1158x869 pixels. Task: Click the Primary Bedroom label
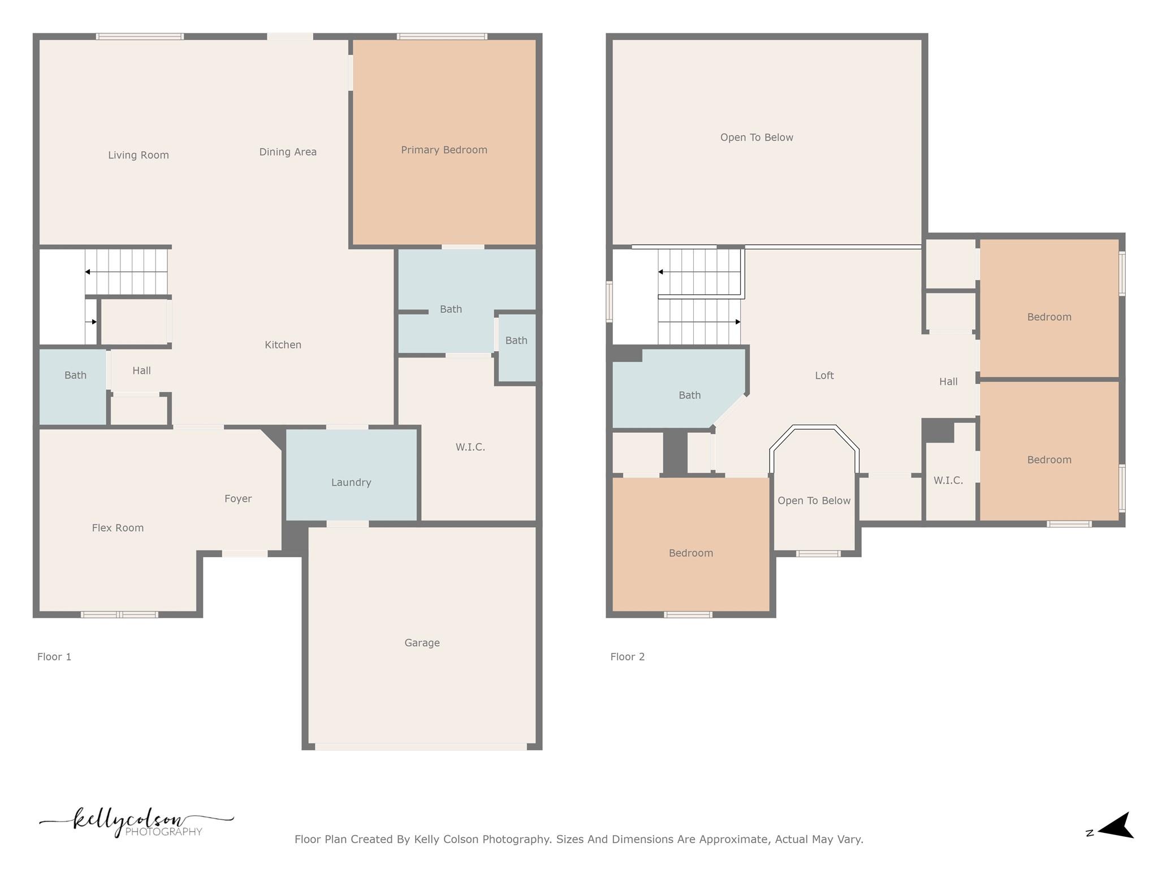tap(444, 150)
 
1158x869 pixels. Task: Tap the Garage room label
tap(422, 643)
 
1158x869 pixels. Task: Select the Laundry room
tap(351, 482)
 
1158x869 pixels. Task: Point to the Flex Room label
tap(118, 528)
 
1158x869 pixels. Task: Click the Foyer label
tap(238, 498)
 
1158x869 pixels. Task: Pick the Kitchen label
tap(283, 345)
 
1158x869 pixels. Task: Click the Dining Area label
tap(288, 152)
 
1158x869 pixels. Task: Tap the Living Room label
tap(139, 155)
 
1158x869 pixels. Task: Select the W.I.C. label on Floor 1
tap(470, 447)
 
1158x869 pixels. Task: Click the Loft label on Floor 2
tap(824, 375)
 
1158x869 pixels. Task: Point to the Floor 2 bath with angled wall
tap(689, 395)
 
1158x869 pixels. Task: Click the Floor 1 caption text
tap(54, 657)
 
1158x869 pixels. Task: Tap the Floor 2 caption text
tap(627, 657)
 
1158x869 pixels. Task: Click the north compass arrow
tap(1117, 826)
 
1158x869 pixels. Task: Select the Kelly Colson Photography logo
tap(136, 822)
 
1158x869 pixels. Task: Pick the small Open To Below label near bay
tap(814, 501)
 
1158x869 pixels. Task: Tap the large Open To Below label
tap(757, 137)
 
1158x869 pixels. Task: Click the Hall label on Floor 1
tap(141, 371)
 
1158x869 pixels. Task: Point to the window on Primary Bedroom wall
tap(442, 37)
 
